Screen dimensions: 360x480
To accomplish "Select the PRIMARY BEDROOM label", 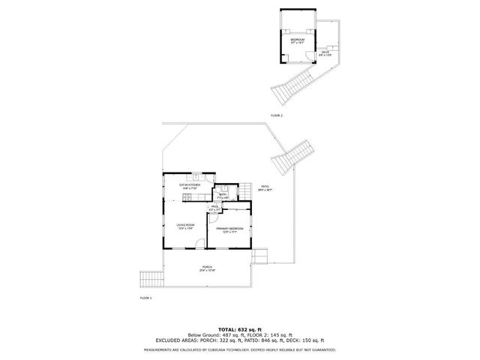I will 231,229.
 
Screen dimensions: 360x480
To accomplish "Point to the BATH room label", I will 223,194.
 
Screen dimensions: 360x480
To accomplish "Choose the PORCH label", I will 206,267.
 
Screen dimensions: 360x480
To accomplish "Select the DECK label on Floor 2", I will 325,52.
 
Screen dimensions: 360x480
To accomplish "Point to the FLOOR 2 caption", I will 277,115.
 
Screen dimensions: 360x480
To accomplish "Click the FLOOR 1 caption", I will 145,298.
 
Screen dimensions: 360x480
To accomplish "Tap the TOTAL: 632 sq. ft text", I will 240,328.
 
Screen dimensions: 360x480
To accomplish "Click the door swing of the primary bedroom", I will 213,222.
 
